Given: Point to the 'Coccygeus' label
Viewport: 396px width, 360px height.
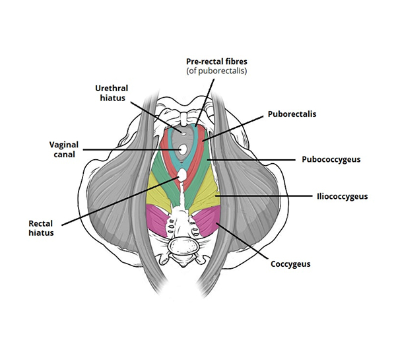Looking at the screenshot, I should [x=291, y=264].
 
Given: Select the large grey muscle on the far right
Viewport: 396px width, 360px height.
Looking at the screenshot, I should [x=254, y=192].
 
